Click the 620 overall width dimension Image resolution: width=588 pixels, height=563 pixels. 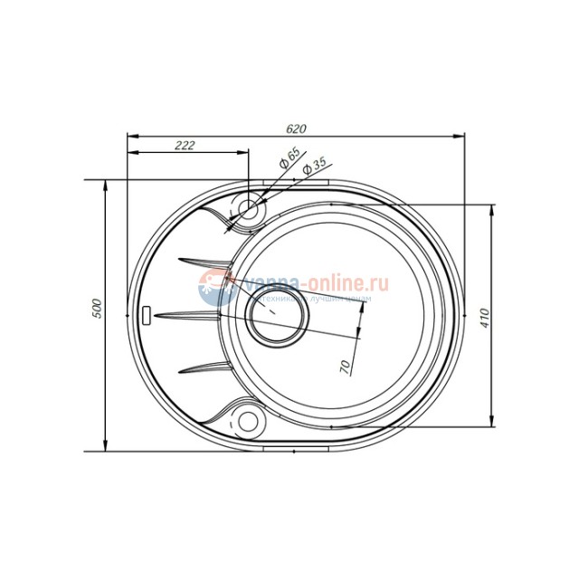point(294,129)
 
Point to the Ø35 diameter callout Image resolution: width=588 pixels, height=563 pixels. point(313,167)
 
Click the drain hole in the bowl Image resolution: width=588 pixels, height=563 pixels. point(277,316)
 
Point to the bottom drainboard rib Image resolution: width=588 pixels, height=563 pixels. point(204,367)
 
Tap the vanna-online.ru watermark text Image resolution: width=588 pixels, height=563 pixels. point(312,283)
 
